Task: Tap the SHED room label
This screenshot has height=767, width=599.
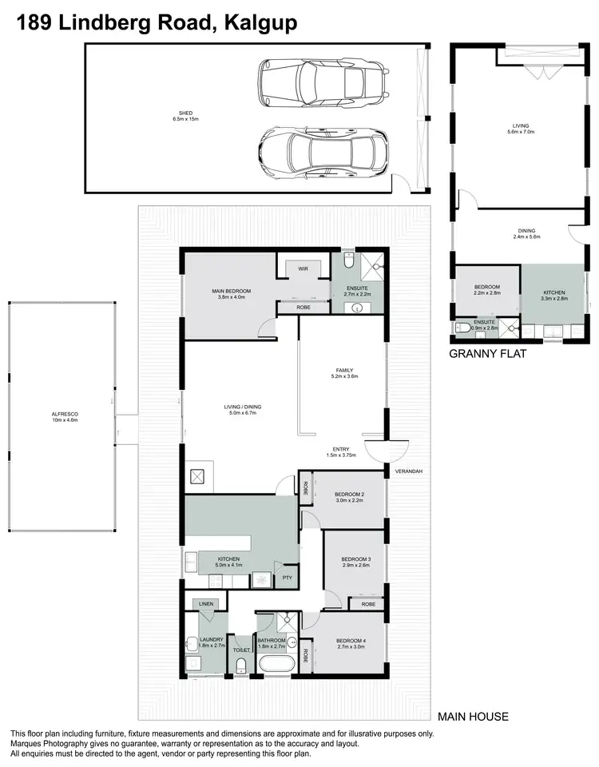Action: tap(184, 113)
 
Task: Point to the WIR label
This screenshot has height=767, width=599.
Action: tap(303, 269)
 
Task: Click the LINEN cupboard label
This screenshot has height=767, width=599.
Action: tap(204, 604)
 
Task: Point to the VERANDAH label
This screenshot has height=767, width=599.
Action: tap(407, 472)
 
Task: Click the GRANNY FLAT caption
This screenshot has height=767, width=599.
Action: tap(488, 354)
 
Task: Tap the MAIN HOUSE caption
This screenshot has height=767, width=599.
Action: tap(473, 717)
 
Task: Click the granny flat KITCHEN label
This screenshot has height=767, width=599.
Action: tap(554, 293)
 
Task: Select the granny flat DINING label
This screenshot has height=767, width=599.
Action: tap(525, 232)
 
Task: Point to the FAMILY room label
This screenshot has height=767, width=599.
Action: tap(343, 372)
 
